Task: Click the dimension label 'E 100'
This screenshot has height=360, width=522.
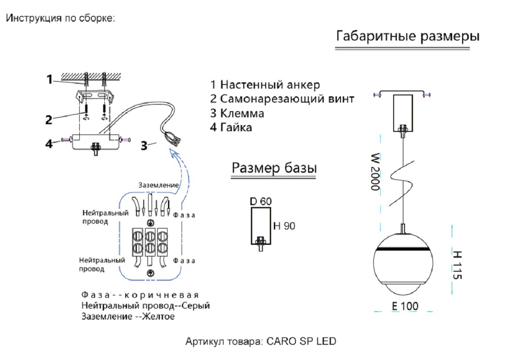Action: pyautogui.click(x=404, y=306)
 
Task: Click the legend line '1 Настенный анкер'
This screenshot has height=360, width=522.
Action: pyautogui.click(x=265, y=85)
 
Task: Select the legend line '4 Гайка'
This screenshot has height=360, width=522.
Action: pyautogui.click(x=231, y=127)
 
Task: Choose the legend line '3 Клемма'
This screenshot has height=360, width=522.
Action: pyautogui.click(x=237, y=113)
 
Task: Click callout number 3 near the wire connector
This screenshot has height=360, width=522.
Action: pyautogui.click(x=144, y=146)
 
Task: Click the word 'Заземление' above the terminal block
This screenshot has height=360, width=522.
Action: pyautogui.click(x=159, y=185)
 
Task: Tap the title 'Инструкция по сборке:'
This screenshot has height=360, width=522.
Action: pyautogui.click(x=61, y=19)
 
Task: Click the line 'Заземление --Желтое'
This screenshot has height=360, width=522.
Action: pyautogui.click(x=128, y=317)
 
